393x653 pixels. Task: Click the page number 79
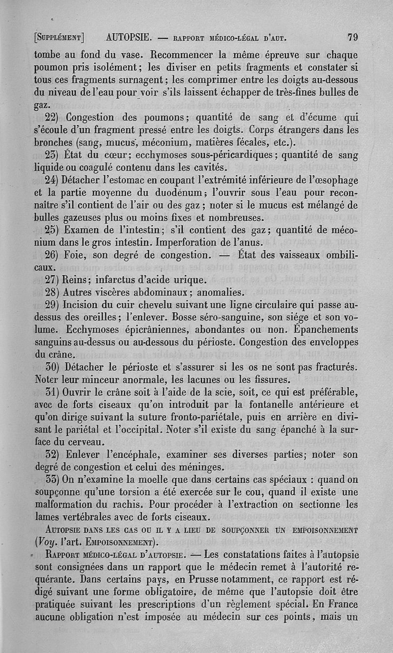pyautogui.click(x=352, y=37)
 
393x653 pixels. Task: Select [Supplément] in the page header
pyautogui.click(x=59, y=37)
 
